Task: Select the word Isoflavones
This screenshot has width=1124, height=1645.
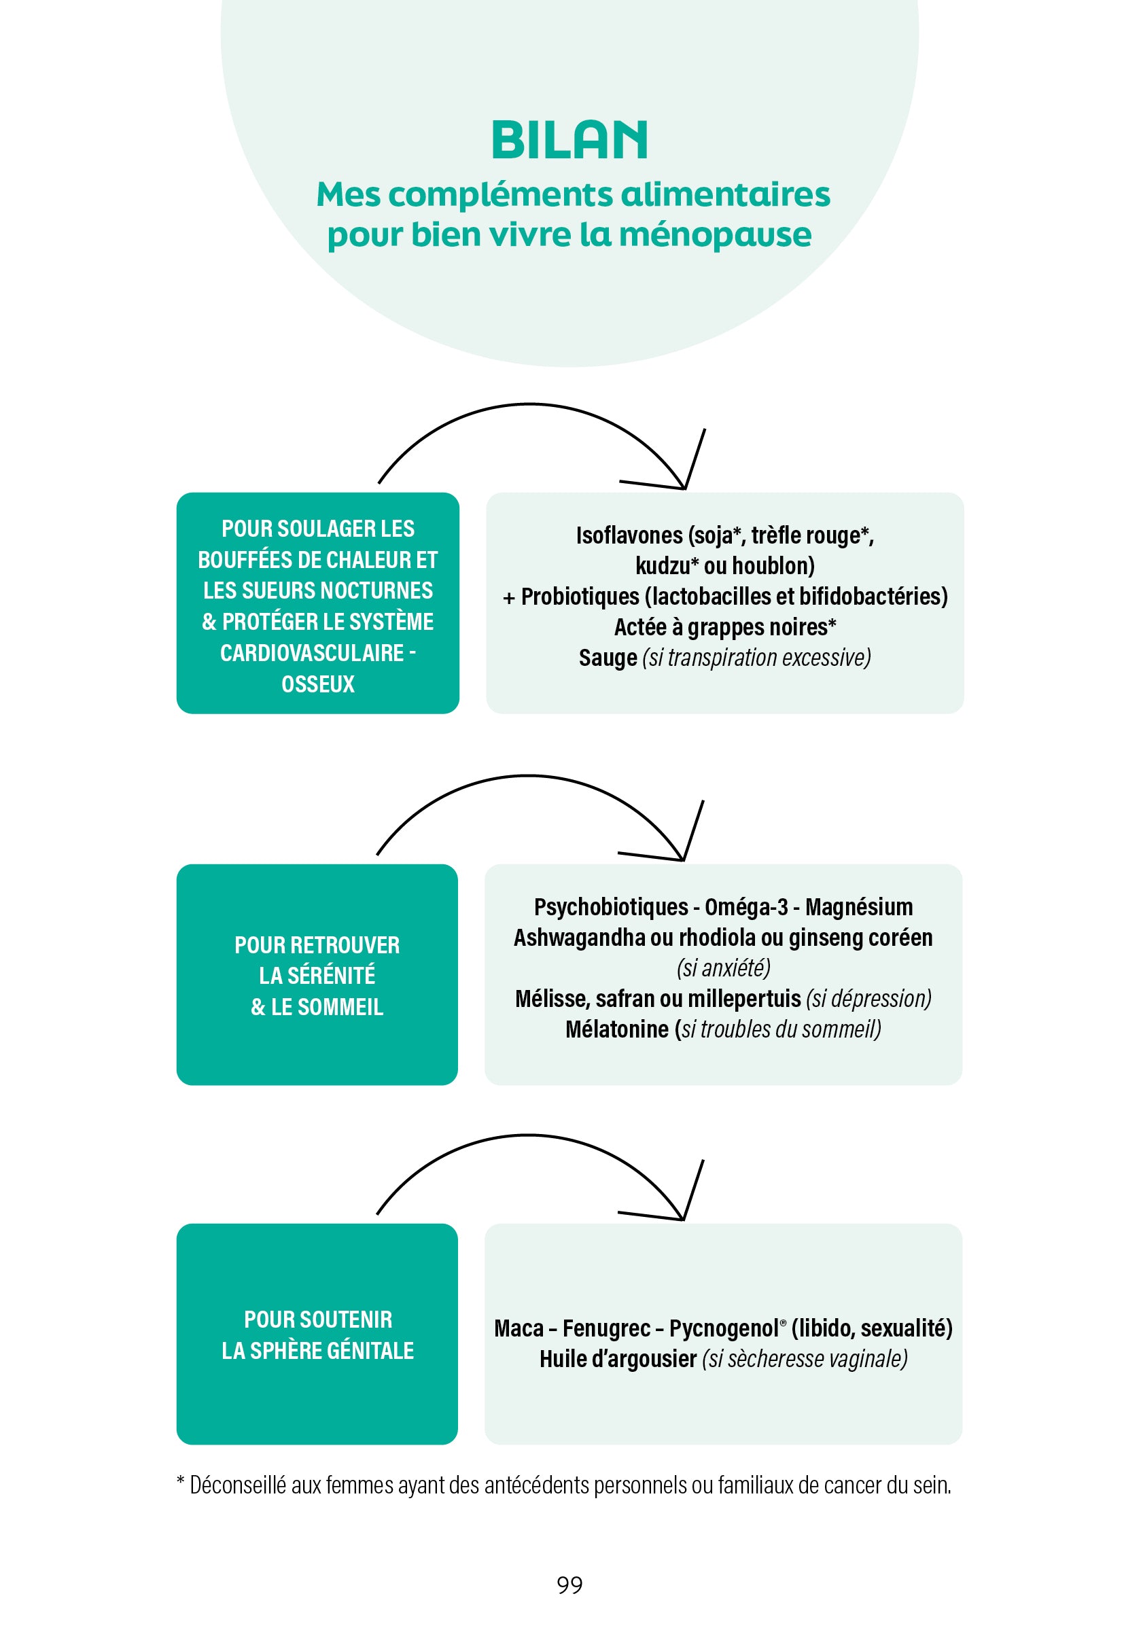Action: pyautogui.click(x=629, y=535)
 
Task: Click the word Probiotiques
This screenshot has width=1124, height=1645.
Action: pyautogui.click(x=580, y=597)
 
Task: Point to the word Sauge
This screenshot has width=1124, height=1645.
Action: pyautogui.click(x=608, y=658)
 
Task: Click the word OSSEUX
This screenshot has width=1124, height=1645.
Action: pyautogui.click(x=318, y=684)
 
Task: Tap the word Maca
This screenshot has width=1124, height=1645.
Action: pyautogui.click(x=518, y=1328)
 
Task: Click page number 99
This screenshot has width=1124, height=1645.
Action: pyautogui.click(x=569, y=1585)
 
